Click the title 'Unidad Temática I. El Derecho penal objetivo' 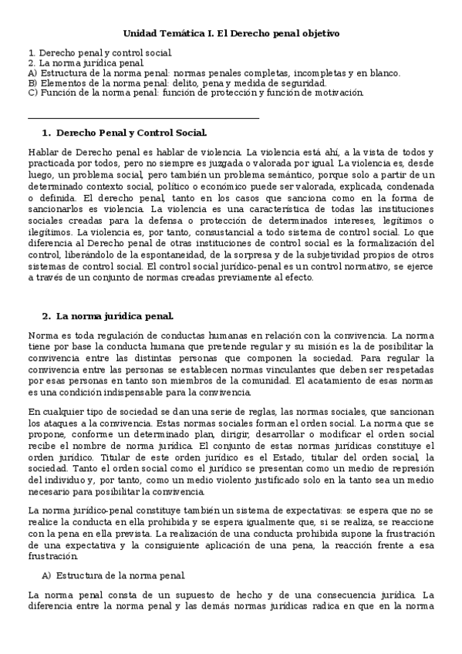click(231, 34)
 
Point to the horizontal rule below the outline click(143, 118)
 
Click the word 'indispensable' click(116, 393)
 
